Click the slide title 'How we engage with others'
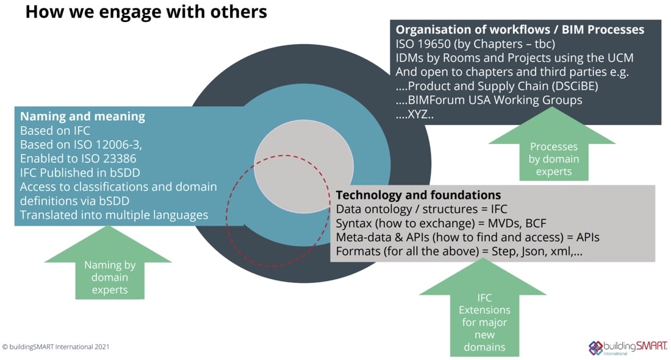146,12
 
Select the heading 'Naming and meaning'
82,116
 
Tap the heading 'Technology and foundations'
418,195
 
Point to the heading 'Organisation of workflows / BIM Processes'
520,29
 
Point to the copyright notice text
56,347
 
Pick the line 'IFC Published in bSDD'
80,173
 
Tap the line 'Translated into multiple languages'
114,215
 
